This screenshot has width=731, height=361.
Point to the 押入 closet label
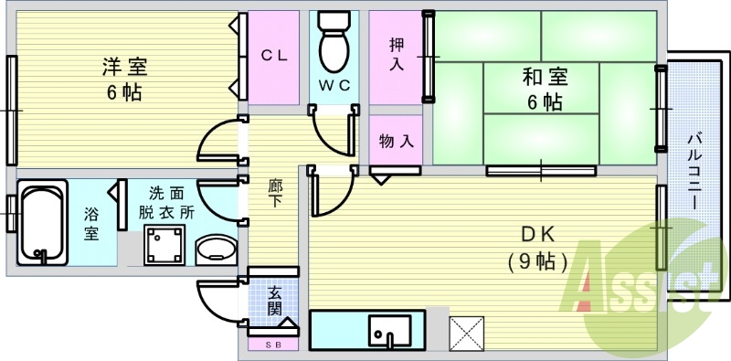pyautogui.click(x=397, y=54)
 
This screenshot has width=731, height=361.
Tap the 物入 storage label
pyautogui.click(x=397, y=142)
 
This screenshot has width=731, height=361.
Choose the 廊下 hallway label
pyautogui.click(x=274, y=192)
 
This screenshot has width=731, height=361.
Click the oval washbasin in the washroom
pyautogui.click(x=217, y=250)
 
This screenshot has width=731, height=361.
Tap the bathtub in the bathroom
pyautogui.click(x=41, y=223)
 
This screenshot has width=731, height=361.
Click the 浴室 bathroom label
pyautogui.click(x=92, y=224)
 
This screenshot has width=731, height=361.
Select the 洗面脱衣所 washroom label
pyautogui.click(x=166, y=201)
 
